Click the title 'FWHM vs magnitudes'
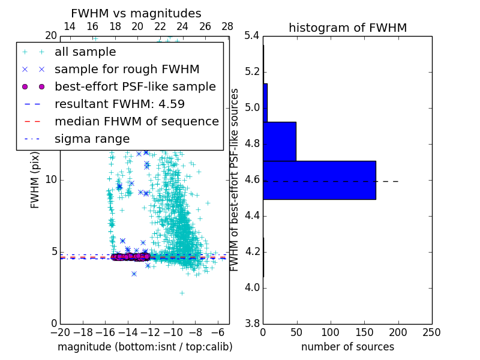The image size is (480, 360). pos(136,13)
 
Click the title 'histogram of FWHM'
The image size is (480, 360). pos(347,28)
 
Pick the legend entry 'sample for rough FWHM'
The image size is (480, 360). pos(127,70)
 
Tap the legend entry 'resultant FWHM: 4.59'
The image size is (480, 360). pos(119,104)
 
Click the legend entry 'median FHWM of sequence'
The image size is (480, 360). pos(136,122)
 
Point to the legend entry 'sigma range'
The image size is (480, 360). pos(92,139)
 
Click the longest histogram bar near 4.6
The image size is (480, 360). pos(319,180)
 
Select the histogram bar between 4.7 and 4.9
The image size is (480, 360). pos(280,142)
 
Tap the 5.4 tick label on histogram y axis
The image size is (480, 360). pos(253,36)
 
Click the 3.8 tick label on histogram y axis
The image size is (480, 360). pos(253,324)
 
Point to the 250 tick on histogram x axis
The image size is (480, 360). pos(431,332)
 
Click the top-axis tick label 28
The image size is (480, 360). pos(227,26)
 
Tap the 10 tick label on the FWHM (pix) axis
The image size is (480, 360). pos(50,180)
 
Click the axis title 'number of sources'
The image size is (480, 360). pos(347,347)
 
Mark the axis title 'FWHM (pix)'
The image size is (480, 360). pos(35,180)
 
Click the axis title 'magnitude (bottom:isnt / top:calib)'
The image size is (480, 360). pos(145,347)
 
